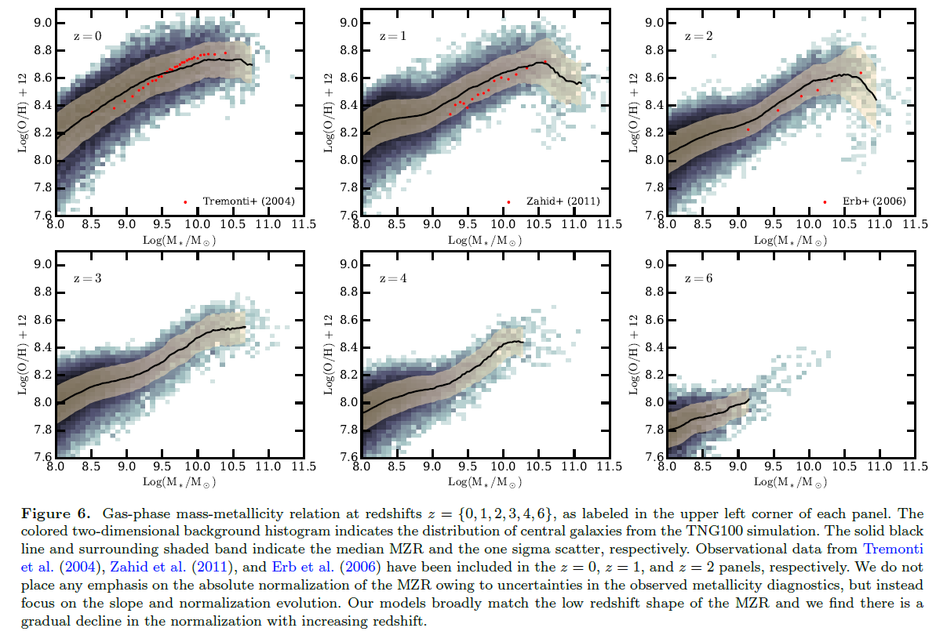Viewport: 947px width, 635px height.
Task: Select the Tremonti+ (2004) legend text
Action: pos(248,201)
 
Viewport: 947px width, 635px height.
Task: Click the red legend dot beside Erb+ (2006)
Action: pos(825,201)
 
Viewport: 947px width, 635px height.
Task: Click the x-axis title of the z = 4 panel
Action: pos(483,481)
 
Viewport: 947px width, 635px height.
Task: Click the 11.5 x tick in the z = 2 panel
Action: pos(910,224)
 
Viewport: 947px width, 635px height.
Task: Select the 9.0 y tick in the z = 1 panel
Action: pos(349,24)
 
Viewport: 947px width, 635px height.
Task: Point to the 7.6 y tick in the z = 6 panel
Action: pos(655,458)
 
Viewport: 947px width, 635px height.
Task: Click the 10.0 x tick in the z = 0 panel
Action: pos(197,224)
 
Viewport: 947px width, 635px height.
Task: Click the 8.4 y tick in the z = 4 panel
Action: pos(349,347)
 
